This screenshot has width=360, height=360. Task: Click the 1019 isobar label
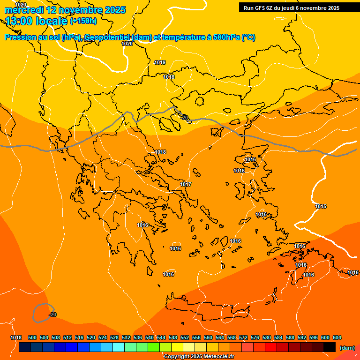[x=160, y=62]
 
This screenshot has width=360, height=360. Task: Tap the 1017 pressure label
[x=186, y=184]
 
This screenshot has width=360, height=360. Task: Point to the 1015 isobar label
[x=321, y=207]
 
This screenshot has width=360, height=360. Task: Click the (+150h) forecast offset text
[x=83, y=21]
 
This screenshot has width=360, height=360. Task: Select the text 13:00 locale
[x=36, y=21]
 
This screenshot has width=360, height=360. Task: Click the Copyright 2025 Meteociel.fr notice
[x=199, y=357]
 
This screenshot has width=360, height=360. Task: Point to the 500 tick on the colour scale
[x=32, y=337]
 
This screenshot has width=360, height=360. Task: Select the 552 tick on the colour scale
[x=185, y=337]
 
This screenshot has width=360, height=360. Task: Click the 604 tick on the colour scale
[x=337, y=337]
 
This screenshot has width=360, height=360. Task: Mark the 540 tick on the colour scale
[x=150, y=337]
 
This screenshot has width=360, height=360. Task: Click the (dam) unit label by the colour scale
[x=347, y=348]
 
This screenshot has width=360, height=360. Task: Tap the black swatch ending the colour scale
[x=330, y=347]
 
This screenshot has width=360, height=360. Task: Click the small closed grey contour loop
[x=42, y=312]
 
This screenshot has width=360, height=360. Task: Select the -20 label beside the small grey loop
[x=52, y=315]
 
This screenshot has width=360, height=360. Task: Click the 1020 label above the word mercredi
[x=21, y=4]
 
